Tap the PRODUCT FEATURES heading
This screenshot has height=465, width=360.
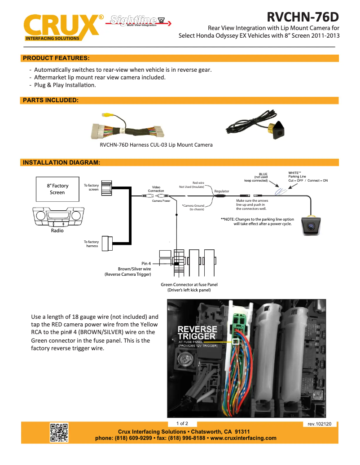click(x=56, y=58)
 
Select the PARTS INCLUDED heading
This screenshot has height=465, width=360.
click(x=51, y=100)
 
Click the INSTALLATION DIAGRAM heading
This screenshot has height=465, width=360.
click(x=61, y=162)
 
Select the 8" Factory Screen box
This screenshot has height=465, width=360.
click(x=57, y=189)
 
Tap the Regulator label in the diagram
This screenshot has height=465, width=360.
click(x=221, y=191)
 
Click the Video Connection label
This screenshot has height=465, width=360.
click(x=156, y=189)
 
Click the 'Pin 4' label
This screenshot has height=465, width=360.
click(x=146, y=264)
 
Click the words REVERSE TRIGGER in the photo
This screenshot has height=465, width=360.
click(x=197, y=333)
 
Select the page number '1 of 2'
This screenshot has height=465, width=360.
click(x=182, y=423)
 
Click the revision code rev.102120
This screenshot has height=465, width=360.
click(x=319, y=424)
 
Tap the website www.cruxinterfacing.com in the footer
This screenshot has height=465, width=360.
click(x=243, y=438)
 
